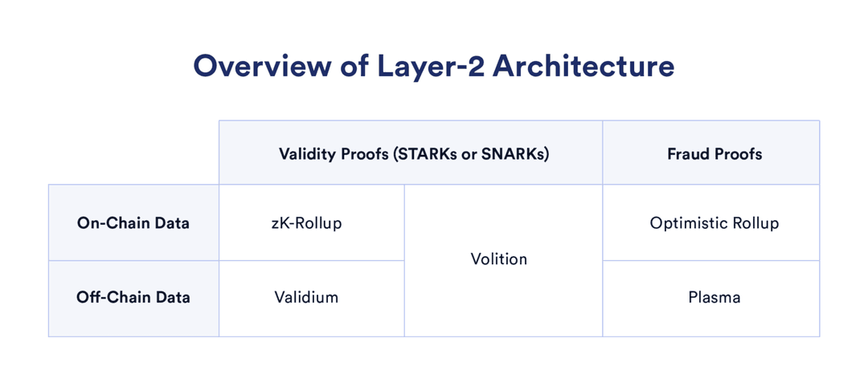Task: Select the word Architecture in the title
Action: tap(583, 66)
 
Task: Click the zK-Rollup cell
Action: tap(306, 223)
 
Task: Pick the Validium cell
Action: tap(306, 297)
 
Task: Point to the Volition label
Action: tap(499, 259)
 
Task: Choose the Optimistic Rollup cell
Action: tap(714, 223)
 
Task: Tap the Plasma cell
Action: tap(714, 297)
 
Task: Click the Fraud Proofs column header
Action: tap(714, 154)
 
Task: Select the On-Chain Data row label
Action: tap(133, 223)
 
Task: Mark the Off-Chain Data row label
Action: tap(133, 297)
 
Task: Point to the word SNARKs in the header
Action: tap(512, 154)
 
